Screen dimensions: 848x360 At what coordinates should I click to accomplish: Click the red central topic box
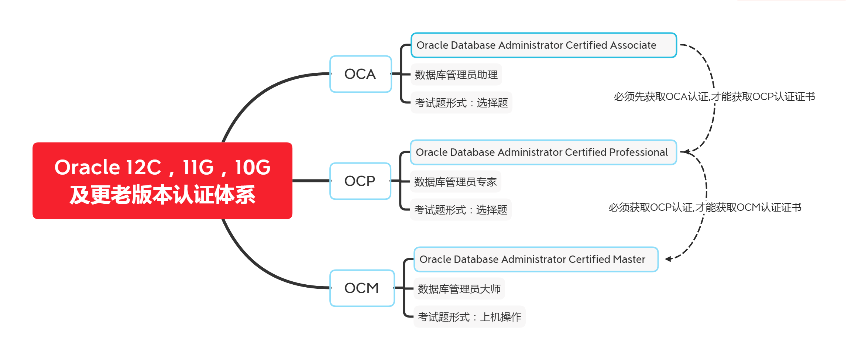[x=162, y=181]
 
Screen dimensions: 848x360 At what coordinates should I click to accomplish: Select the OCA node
[x=360, y=74]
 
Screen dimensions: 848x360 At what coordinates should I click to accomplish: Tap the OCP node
[x=360, y=181]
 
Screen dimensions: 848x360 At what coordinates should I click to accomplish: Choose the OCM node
[x=362, y=288]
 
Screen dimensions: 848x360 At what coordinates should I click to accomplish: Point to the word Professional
[x=638, y=152]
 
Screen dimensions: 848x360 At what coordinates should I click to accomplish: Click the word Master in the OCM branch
[x=629, y=259]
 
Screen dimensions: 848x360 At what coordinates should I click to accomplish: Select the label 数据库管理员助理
[x=456, y=75]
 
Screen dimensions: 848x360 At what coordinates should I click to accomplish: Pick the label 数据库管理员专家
[x=456, y=182]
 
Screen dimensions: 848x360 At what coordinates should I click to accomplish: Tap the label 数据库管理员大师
[x=459, y=289]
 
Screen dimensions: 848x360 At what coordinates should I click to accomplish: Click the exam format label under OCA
[x=461, y=103]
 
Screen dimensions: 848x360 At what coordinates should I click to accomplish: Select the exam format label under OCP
[x=461, y=210]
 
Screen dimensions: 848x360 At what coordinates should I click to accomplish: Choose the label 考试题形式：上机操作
[x=470, y=317]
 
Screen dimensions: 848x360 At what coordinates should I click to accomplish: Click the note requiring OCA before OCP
[x=714, y=97]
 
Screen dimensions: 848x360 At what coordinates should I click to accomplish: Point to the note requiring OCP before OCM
[x=705, y=208]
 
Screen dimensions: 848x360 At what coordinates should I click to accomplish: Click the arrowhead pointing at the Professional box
[x=685, y=151]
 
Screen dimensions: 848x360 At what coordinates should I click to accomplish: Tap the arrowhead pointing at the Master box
[x=669, y=259]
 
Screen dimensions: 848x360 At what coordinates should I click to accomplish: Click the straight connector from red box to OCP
[x=312, y=181]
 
